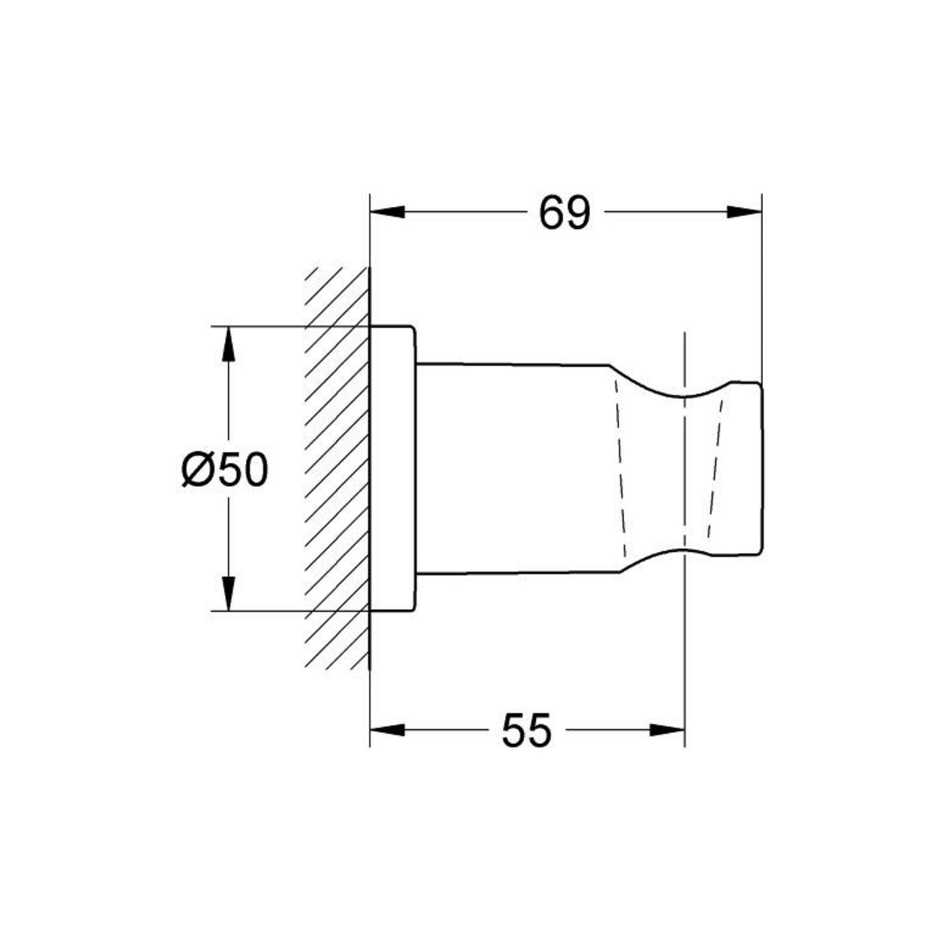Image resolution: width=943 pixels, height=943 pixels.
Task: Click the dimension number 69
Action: (x=564, y=213)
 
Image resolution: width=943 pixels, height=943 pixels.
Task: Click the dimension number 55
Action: (x=526, y=730)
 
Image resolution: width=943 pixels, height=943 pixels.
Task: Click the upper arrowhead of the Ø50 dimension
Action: (x=228, y=343)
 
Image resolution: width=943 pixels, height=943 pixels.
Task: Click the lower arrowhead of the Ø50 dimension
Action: (x=228, y=594)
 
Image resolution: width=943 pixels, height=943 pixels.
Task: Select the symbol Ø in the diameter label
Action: (x=195, y=470)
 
